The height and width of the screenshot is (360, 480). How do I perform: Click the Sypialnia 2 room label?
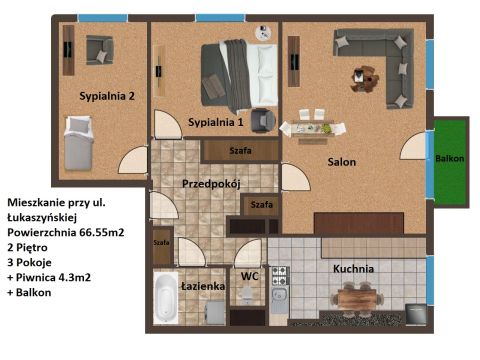click(x=107, y=96)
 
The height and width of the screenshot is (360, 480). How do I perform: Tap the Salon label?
click(x=342, y=162)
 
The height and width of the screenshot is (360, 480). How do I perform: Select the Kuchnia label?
click(x=353, y=269)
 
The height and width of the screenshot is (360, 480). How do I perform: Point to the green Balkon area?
click(x=450, y=162)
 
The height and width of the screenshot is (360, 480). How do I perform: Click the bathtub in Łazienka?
click(x=165, y=298)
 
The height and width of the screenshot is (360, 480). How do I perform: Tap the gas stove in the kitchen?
click(x=279, y=276)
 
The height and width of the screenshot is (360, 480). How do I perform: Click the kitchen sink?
click(x=279, y=297)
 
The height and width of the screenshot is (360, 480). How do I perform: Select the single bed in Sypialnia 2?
click(x=79, y=143)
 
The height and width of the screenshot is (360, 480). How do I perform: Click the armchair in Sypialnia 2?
click(x=99, y=50)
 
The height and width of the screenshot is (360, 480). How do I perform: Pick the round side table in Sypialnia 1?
click(x=263, y=33)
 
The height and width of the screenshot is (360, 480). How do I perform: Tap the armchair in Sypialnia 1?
click(x=263, y=120)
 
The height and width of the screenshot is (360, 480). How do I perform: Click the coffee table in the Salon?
click(x=365, y=78)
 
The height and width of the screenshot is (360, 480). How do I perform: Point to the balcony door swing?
click(x=413, y=146)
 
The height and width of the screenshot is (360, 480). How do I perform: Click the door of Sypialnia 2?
click(x=133, y=160)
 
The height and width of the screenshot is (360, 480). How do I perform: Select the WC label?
click(x=250, y=276)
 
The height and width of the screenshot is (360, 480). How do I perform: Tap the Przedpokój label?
click(x=211, y=184)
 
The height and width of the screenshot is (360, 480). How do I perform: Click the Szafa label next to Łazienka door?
click(x=161, y=243)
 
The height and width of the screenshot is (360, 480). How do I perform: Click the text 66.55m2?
click(x=102, y=232)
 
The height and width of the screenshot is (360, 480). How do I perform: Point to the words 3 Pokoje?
click(x=29, y=262)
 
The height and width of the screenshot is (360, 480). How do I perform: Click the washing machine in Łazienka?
click(x=215, y=312)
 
